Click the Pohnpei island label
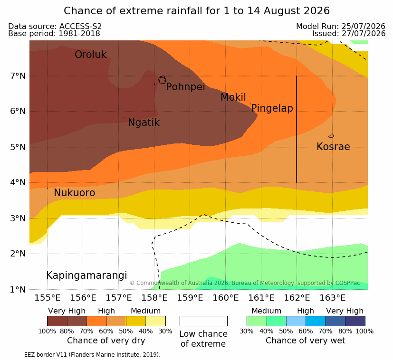click(185, 87)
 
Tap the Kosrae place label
click(333, 147)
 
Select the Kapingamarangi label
click(86, 275)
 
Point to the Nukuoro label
click(75, 193)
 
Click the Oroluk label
click(90, 54)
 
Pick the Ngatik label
click(144, 123)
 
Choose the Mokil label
click(233, 97)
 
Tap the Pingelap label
click(272, 108)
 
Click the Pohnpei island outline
click(162, 80)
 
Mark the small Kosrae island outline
click(331, 136)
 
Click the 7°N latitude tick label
click(18, 76)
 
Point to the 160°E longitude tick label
click(226, 298)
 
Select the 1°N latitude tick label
click(18, 290)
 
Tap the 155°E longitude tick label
click(48, 298)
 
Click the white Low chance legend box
click(203, 321)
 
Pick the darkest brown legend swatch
click(57, 321)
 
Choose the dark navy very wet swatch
click(355, 321)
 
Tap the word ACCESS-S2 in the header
click(80, 26)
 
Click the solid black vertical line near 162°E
click(297, 129)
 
